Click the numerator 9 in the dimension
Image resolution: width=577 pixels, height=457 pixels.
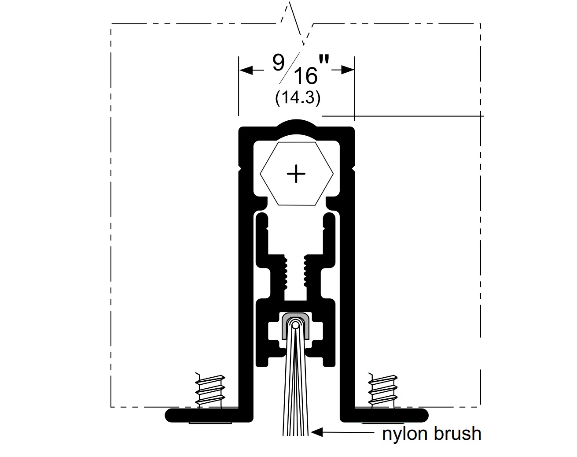pos(278,63)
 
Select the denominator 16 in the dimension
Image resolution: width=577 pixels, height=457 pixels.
pos(305,76)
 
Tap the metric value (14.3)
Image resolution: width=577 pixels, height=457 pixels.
pos(298,98)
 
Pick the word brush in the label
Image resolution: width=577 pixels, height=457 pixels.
pos(457,434)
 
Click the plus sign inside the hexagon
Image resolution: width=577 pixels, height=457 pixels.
pos(296,174)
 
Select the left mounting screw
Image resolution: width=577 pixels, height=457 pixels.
pos(210,391)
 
